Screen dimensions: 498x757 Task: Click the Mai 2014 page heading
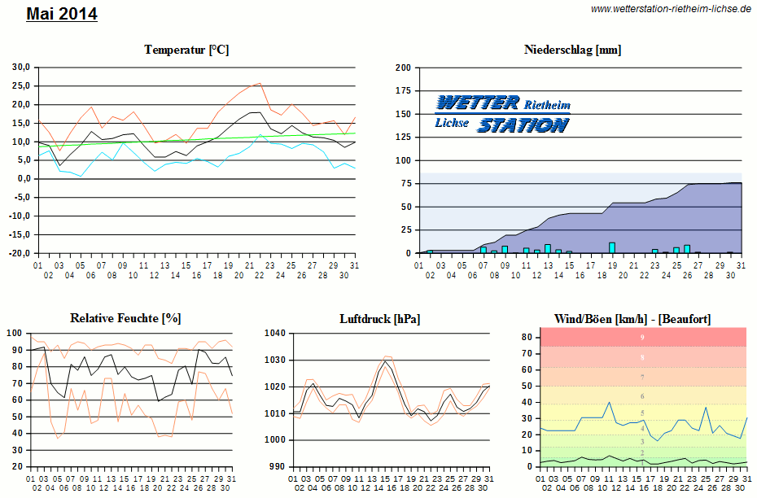[x=62, y=14]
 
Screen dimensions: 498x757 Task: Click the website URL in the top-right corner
[x=671, y=9]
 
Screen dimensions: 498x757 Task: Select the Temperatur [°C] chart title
[x=186, y=50]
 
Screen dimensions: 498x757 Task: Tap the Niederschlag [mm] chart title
[x=573, y=50]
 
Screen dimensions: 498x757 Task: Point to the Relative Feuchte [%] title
[x=125, y=318]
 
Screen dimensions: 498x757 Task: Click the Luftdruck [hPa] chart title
[x=380, y=318]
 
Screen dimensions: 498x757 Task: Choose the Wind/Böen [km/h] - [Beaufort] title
[x=632, y=318]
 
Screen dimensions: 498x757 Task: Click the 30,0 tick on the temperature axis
[x=20, y=67]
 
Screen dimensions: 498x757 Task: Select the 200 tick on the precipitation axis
[x=402, y=68]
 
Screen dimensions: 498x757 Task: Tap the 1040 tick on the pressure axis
[x=276, y=333]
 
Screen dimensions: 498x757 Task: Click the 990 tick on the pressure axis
[x=278, y=467]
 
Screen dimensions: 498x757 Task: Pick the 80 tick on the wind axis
[x=527, y=336]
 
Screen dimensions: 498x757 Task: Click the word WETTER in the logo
[x=478, y=103]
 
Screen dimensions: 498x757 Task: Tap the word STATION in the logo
[x=523, y=124]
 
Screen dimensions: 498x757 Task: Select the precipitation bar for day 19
[x=612, y=247]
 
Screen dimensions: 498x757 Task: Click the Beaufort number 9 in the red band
[x=642, y=337]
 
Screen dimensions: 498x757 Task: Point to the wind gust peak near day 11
[x=609, y=402]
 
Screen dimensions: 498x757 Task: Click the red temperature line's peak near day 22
[x=260, y=83]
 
